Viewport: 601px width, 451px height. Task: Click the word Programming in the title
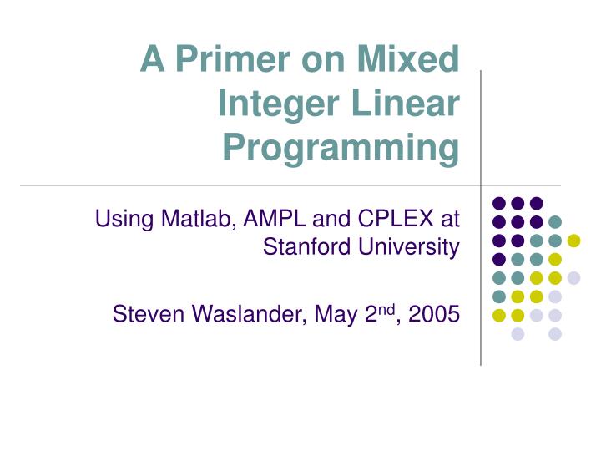[341, 149]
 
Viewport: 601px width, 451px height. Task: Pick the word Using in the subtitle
[119, 220]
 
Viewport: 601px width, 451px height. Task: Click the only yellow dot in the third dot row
[573, 241]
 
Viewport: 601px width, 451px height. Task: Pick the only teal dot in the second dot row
[555, 221]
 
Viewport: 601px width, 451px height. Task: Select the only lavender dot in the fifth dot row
[573, 278]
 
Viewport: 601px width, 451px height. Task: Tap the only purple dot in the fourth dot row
[499, 259]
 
